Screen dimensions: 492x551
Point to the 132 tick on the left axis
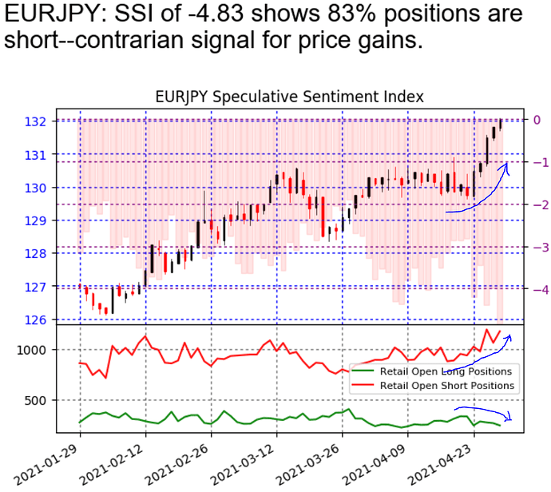(x=58, y=121)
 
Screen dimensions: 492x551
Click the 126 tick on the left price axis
(x=58, y=319)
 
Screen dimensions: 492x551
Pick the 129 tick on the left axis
(x=58, y=220)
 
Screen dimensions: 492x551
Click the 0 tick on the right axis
(x=538, y=120)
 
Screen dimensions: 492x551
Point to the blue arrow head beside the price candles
(x=506, y=165)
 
